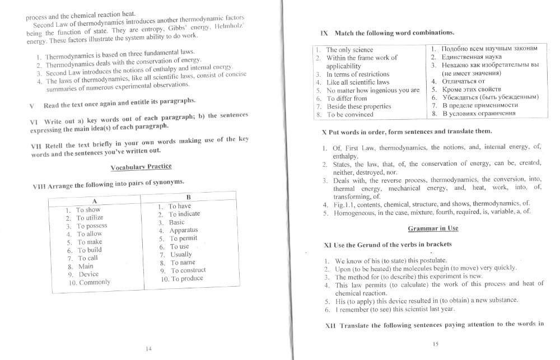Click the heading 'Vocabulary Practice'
click(x=141, y=166)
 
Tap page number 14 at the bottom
click(x=148, y=349)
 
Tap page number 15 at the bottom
click(x=435, y=344)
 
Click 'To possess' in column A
click(x=92, y=226)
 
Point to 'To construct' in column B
click(x=187, y=270)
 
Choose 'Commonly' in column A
click(x=95, y=282)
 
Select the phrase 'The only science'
click(x=349, y=50)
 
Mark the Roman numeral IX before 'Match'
click(x=324, y=32)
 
